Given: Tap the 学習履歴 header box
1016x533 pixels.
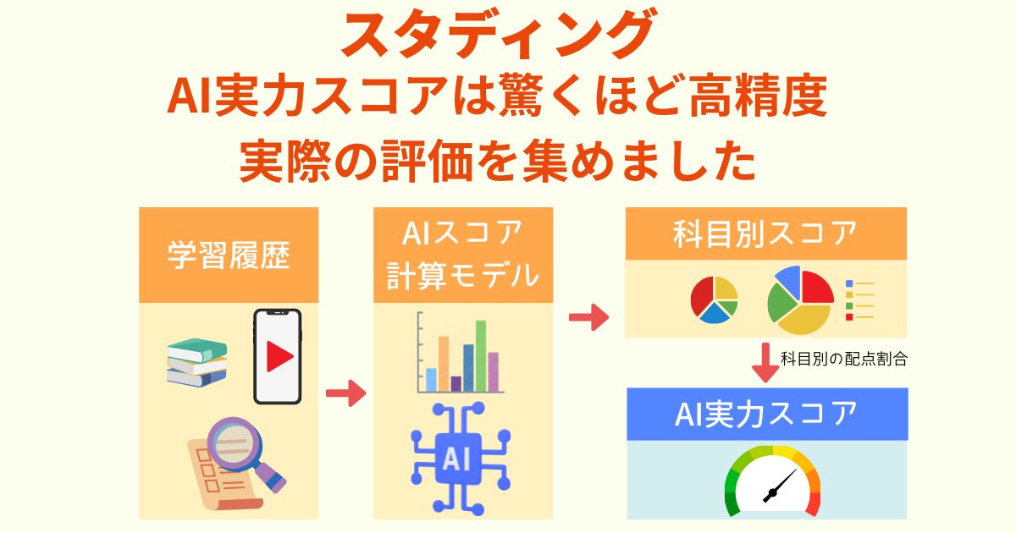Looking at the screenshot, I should click(229, 256).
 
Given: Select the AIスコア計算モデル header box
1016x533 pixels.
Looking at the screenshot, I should click(463, 255).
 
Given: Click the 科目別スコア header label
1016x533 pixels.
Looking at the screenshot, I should click(765, 234).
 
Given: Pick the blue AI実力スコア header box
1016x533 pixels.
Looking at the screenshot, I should click(766, 414).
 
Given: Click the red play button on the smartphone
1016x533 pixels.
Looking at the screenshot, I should click(279, 357).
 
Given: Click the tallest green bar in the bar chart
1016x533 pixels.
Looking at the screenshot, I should click(481, 354).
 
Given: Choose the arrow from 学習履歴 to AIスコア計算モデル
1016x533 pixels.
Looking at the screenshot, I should click(345, 393).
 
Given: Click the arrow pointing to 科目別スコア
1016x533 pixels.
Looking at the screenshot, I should click(588, 318).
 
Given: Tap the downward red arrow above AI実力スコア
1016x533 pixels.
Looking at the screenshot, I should click(765, 361).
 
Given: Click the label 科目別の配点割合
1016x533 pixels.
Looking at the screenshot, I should click(843, 358).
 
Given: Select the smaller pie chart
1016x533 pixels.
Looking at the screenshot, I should click(714, 299).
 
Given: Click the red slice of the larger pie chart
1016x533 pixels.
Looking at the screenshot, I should click(816, 288).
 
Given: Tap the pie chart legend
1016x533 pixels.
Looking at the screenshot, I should click(859, 299).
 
